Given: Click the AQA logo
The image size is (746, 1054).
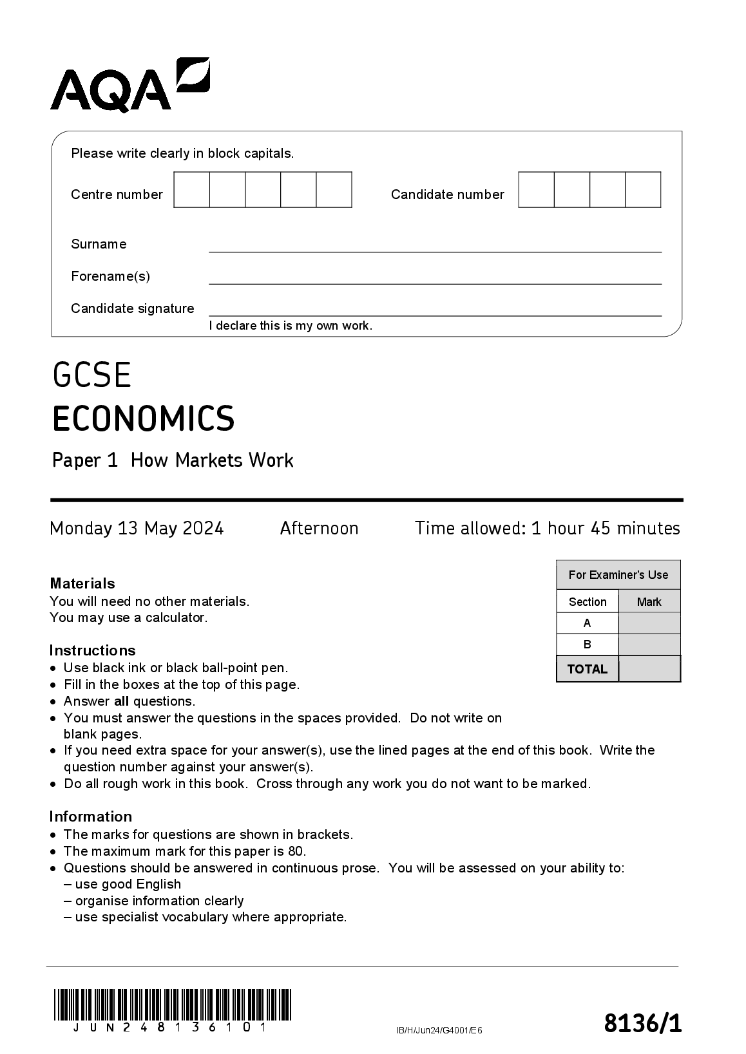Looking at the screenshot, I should coord(129,84).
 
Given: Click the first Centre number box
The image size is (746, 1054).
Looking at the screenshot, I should coord(192,190).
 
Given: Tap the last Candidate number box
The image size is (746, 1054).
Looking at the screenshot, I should coord(643,190).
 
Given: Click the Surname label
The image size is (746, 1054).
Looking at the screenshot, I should coord(99,244).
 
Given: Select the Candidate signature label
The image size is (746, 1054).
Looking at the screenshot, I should coord(132,308).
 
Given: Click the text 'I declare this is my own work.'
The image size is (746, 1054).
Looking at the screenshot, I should coord(291,326).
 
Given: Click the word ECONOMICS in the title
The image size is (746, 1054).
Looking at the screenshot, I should coord(144,419).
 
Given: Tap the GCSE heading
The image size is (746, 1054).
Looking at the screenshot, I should coord(92,375).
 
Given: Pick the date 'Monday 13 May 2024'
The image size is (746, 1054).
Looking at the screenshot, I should coord(137,529).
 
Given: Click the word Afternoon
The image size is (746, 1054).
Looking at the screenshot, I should coord(319,529).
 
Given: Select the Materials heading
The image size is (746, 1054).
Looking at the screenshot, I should coord(82,583).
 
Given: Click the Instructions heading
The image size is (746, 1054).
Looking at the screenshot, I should coord(93,650).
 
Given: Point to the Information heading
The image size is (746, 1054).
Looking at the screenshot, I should coord(91,816).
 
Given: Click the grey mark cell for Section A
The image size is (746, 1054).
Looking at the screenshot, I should coord(649,623).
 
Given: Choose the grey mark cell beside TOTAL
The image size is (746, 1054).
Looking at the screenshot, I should coord(649,669).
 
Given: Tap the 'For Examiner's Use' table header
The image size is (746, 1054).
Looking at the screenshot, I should coord(618,575).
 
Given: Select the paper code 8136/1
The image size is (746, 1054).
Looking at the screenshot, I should coord(642,1022).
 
